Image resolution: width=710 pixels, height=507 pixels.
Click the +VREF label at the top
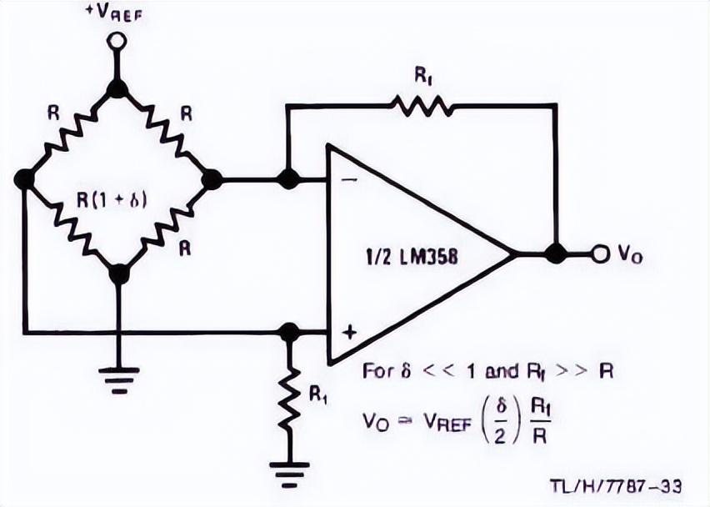point(114,13)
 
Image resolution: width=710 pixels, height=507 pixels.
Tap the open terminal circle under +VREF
point(117,41)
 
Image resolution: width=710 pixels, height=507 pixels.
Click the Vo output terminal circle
point(601,254)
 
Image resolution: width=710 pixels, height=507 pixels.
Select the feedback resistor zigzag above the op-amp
point(422,106)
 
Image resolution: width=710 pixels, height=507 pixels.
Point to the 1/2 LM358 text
point(412,257)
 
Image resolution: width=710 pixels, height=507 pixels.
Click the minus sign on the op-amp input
point(348,180)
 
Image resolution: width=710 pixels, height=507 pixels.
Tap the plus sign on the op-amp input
point(348,332)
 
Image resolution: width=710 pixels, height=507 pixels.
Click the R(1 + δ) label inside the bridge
point(112,200)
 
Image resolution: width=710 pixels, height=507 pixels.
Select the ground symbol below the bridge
point(118,379)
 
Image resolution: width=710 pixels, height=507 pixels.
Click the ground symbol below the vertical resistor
point(289,474)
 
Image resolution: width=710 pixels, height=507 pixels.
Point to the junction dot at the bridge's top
point(117,88)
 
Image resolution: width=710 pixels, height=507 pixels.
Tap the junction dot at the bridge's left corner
point(25,179)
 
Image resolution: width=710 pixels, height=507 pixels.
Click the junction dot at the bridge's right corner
point(212,179)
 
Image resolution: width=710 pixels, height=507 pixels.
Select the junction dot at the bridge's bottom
point(119,274)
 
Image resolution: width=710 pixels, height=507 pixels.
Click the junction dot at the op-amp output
point(556,253)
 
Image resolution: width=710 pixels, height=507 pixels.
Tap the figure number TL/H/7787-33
point(616,486)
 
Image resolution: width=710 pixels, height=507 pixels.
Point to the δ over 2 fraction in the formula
point(500,421)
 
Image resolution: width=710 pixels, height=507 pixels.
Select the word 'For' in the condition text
point(379,370)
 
